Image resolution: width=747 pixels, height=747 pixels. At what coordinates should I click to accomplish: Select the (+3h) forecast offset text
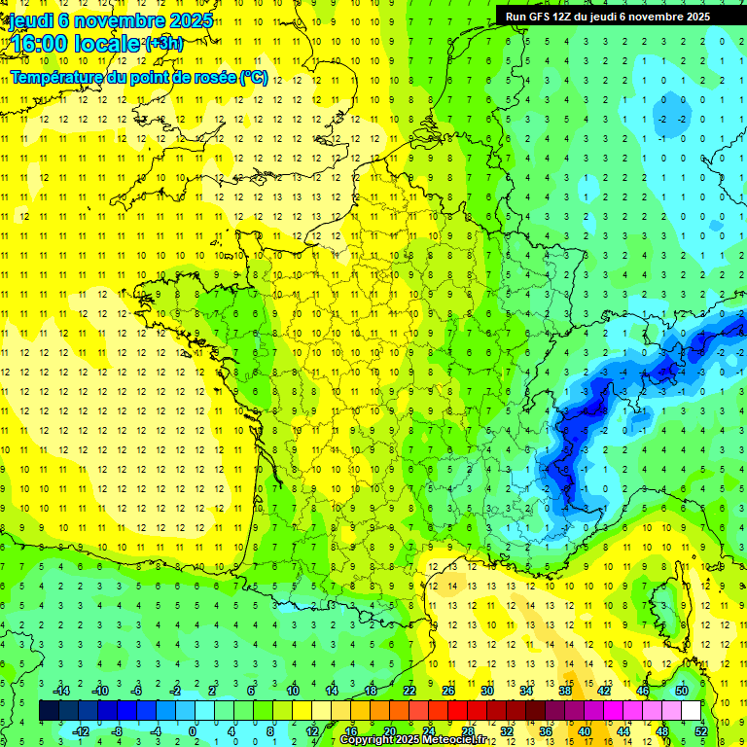pos(162,43)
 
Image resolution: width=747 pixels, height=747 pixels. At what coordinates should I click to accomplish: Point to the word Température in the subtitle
pos(53,77)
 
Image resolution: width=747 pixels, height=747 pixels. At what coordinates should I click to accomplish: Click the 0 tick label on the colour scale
pos(192,730)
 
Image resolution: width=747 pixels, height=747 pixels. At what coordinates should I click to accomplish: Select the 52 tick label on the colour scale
pos(700,730)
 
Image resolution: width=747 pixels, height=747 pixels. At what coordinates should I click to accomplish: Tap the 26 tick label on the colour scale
pos(447,691)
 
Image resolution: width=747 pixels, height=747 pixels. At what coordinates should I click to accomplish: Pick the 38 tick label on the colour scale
pos(564,691)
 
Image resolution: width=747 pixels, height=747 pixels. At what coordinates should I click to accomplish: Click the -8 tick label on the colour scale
pos(116,730)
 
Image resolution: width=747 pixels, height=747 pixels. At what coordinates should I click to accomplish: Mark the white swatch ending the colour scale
pos(692,710)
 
